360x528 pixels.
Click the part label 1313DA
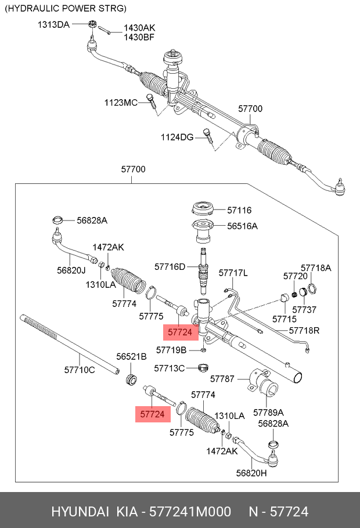coord(53,24)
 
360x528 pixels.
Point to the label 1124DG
coord(177,137)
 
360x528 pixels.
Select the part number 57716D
coord(170,267)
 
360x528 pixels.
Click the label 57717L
coord(233,273)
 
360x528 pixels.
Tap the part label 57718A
coord(316,267)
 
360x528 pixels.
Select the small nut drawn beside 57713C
coord(203,368)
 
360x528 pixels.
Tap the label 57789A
coord(269,412)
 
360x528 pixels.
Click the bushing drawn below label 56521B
coord(132,380)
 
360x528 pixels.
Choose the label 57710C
coord(79,369)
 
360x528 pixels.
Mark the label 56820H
coord(251,473)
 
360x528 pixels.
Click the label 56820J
coord(71,270)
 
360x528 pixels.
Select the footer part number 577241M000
coord(190,511)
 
